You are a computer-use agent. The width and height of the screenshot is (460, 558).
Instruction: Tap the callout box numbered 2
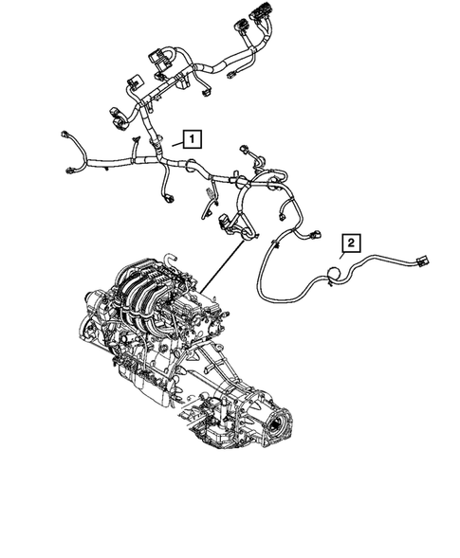(350, 243)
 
